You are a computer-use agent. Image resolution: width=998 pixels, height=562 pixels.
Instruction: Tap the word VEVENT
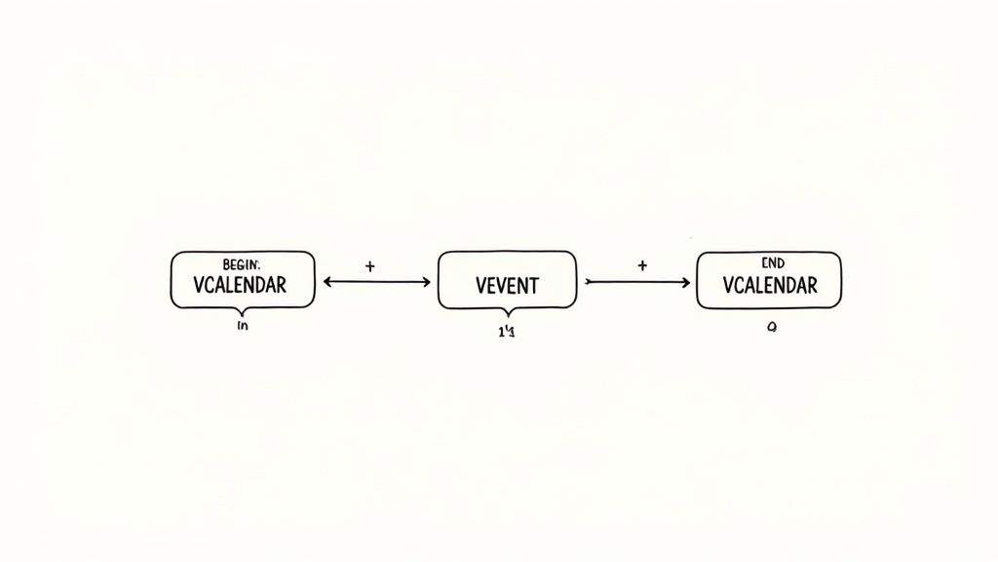(507, 286)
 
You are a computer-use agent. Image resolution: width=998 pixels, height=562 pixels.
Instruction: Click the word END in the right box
(771, 263)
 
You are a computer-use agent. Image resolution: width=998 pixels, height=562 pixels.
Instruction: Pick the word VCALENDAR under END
(770, 286)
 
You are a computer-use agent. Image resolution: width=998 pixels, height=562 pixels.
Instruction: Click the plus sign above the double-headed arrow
(369, 265)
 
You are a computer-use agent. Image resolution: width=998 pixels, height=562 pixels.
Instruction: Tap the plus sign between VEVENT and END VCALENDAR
(642, 265)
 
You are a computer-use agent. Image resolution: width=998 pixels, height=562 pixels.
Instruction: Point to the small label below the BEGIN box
(243, 327)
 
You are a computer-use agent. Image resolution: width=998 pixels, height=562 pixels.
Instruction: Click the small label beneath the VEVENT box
(506, 332)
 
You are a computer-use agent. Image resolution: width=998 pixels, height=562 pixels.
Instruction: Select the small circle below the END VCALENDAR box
(770, 329)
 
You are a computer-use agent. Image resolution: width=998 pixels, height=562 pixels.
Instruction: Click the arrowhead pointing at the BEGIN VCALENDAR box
(327, 282)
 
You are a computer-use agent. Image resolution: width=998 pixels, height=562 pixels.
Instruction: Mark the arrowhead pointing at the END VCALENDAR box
(686, 282)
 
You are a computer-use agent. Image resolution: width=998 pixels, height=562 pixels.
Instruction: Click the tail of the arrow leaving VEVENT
(587, 282)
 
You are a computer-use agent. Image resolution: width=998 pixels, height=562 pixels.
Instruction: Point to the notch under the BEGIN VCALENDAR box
(243, 311)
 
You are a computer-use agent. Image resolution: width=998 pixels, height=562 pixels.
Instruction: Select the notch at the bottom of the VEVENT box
(507, 311)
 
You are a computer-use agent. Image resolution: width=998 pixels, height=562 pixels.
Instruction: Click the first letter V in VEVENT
(481, 286)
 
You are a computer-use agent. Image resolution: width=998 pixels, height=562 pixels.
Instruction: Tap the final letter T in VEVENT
(533, 286)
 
